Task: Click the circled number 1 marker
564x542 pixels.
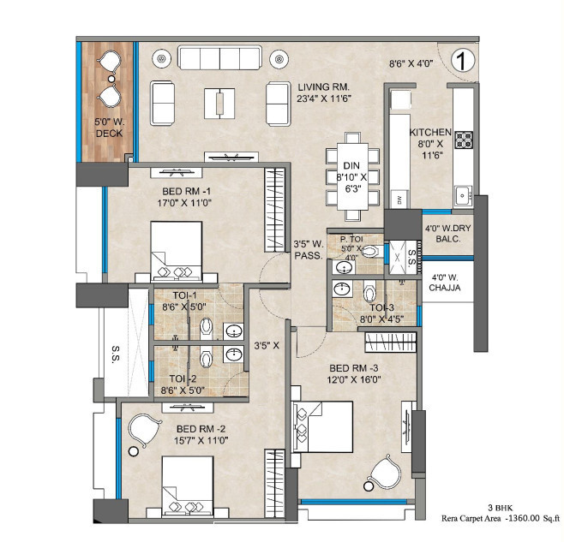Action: tap(462, 61)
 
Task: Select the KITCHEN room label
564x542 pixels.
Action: tap(430, 133)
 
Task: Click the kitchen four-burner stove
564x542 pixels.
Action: tap(465, 139)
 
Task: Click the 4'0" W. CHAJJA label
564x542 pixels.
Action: tap(447, 283)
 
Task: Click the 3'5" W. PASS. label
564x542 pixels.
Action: tap(308, 249)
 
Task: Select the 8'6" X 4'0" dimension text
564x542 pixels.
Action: tap(411, 63)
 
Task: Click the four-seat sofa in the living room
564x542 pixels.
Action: tap(220, 58)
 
